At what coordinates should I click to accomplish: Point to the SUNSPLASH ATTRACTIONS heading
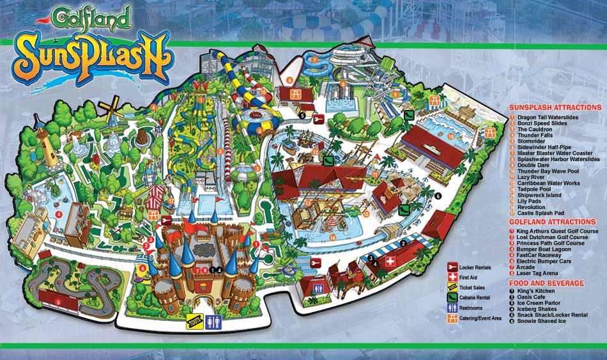click(x=555, y=107)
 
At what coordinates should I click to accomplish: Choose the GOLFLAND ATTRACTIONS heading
click(x=552, y=222)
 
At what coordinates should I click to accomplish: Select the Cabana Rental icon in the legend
click(x=452, y=297)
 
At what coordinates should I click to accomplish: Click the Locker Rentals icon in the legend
click(x=452, y=266)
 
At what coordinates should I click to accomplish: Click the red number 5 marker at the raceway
click(x=58, y=302)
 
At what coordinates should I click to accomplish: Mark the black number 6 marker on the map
click(x=438, y=195)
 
